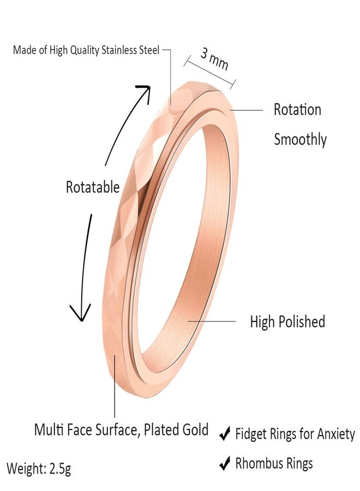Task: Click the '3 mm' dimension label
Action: [x=214, y=58]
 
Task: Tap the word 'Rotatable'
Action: [x=93, y=187]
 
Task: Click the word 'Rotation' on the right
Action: [x=297, y=110]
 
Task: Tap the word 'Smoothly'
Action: [x=300, y=140]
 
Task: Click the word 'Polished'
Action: [x=302, y=321]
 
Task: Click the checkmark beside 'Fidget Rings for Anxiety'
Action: [x=225, y=434]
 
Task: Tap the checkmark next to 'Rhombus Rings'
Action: [x=225, y=463]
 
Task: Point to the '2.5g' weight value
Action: [x=60, y=469]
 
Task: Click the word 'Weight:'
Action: [x=27, y=469]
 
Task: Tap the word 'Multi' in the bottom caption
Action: [x=47, y=430]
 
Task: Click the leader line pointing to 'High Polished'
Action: [x=212, y=321]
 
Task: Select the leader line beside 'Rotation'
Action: [x=247, y=110]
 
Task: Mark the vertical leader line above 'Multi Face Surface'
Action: [x=115, y=386]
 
